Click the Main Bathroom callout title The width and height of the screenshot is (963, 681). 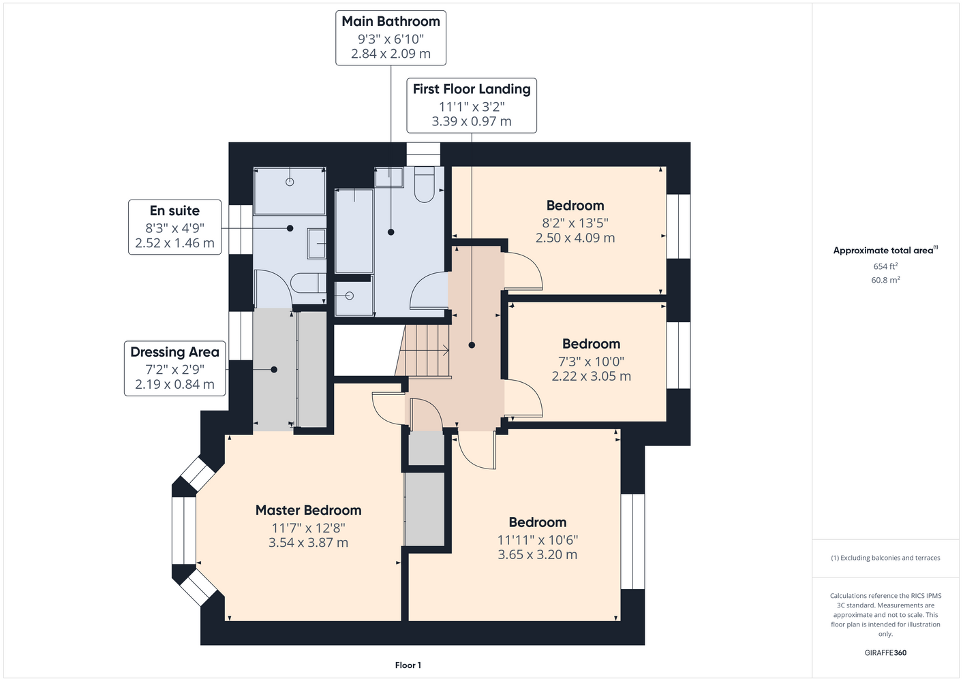point(391,22)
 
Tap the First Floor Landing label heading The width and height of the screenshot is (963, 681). point(472,89)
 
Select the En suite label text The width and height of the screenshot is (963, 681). point(174,210)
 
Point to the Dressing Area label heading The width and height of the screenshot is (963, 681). point(174,352)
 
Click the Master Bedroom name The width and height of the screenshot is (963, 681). point(308,510)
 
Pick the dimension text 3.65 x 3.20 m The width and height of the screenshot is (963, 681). point(538,554)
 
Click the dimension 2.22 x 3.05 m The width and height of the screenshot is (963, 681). point(591,376)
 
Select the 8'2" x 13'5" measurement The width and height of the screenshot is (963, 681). point(575,223)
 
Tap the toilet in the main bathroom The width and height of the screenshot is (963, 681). point(425,185)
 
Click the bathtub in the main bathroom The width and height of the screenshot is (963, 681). point(354,231)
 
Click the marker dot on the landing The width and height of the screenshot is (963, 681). point(472,345)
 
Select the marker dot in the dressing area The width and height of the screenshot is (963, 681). point(274,370)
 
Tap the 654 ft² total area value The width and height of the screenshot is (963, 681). point(885,266)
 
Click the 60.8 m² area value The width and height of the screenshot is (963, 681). point(885,280)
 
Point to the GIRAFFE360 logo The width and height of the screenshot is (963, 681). point(885,652)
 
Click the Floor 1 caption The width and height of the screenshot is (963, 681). point(408,665)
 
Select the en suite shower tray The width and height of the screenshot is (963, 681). point(290,191)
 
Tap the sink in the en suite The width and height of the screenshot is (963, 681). point(316,244)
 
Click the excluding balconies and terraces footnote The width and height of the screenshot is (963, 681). point(885,558)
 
